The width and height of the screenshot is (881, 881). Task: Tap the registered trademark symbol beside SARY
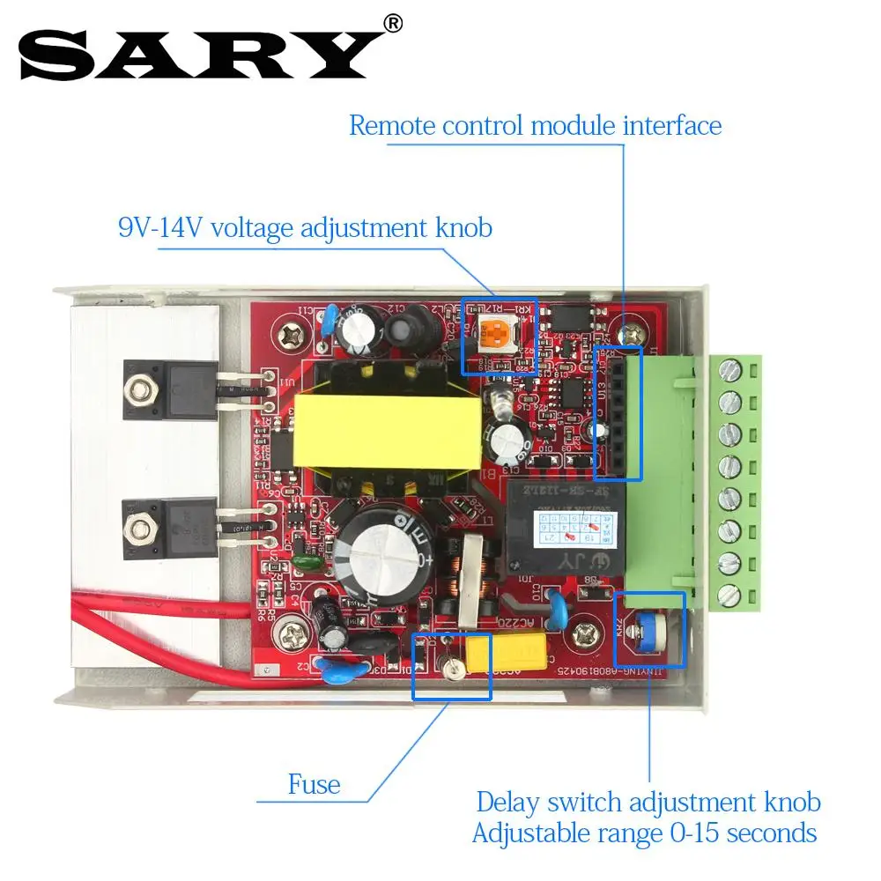[393, 24]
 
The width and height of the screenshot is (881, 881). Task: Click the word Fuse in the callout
[314, 784]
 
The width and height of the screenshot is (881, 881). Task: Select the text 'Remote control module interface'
[535, 125]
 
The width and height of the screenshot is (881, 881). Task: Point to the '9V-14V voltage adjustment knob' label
[305, 228]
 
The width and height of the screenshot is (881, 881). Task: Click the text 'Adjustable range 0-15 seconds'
[644, 833]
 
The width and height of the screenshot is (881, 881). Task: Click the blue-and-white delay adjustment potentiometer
[648, 628]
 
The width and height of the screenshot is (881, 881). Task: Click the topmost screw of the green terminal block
[729, 370]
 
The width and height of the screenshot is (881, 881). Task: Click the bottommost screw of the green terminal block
[729, 595]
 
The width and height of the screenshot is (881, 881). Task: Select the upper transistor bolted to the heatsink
[182, 385]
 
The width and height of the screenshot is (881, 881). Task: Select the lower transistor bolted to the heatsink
[182, 527]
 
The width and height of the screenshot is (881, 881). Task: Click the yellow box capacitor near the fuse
[505, 651]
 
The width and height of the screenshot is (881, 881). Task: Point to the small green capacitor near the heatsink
[305, 560]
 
